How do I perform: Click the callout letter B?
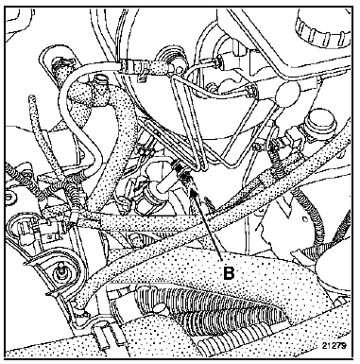[229, 273]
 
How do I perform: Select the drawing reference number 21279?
[334, 346]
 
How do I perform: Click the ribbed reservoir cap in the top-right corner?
[323, 28]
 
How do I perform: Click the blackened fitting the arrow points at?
[182, 172]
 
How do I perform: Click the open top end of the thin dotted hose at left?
[31, 97]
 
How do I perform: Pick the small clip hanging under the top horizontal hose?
[142, 77]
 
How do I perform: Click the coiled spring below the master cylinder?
[277, 158]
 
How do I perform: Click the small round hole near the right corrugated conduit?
[304, 218]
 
